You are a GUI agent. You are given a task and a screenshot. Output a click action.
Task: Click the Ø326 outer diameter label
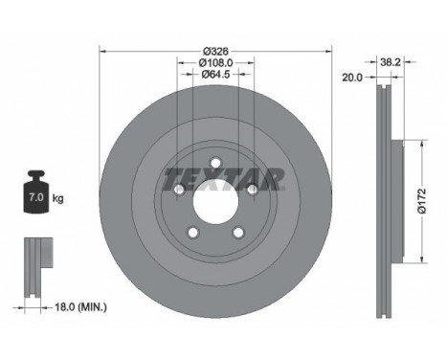tap(215, 49)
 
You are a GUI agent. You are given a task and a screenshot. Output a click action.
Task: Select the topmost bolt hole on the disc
tap(215, 162)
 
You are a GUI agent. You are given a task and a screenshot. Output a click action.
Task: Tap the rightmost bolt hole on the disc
tap(252, 189)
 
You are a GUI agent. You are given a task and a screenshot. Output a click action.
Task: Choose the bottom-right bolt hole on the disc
tap(237, 232)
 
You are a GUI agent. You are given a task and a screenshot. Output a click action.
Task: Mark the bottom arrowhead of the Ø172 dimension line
tap(417, 263)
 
